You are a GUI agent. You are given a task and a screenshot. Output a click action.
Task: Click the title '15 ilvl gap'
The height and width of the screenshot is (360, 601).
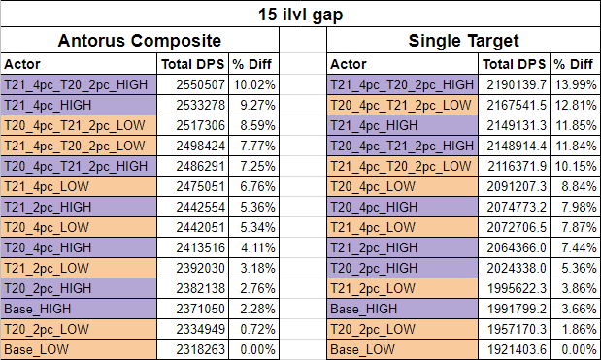coord(300,14)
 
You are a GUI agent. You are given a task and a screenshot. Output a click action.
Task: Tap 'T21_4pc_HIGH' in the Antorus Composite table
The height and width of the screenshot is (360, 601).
coord(46,106)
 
